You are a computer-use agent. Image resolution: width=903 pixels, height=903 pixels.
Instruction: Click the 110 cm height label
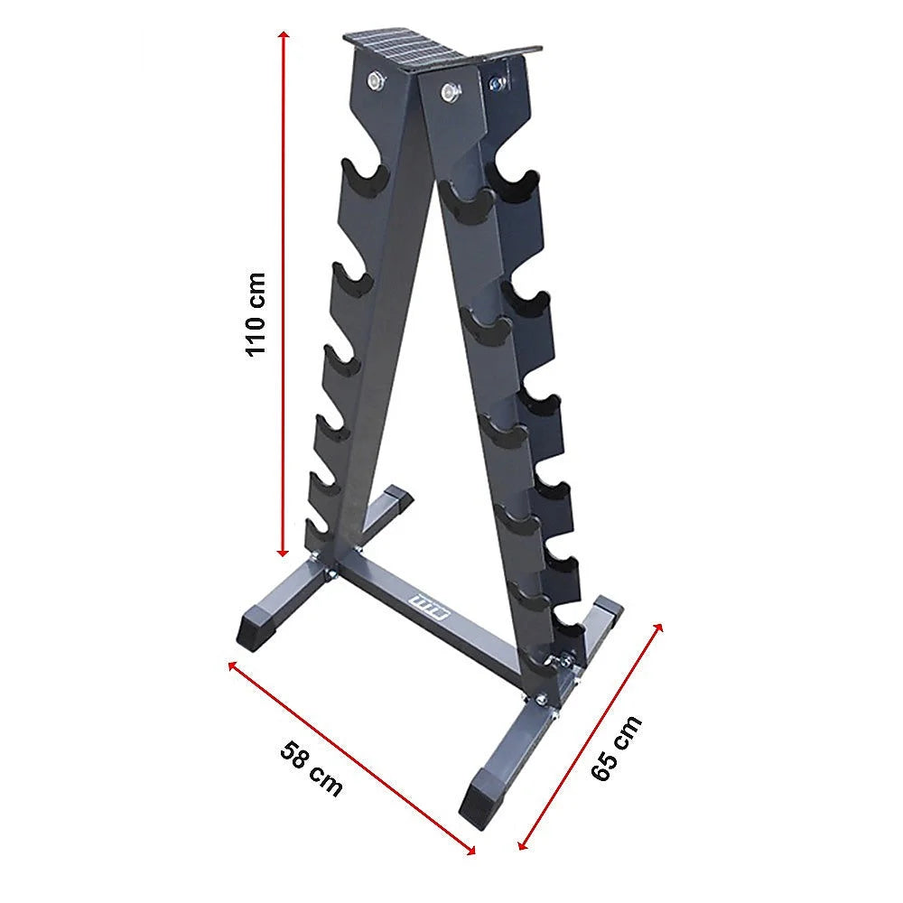point(256,312)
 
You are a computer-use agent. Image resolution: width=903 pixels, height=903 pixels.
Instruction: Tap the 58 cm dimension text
point(312,768)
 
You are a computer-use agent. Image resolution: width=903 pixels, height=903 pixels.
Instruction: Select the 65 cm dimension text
point(617,747)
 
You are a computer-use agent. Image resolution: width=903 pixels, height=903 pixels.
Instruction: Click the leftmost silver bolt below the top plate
point(374,81)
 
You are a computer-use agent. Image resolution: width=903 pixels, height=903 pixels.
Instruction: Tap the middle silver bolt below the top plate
point(447,90)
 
